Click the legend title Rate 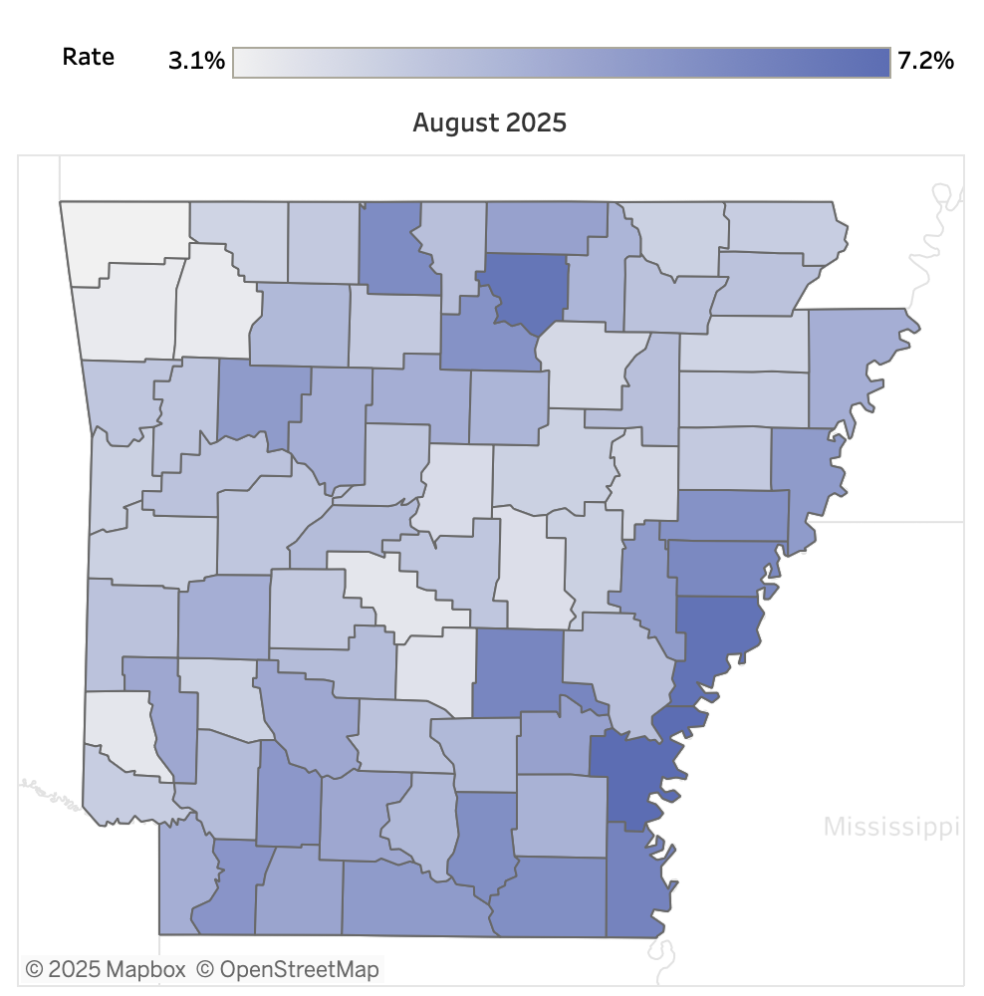(x=88, y=57)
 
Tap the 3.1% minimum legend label (x=196, y=61)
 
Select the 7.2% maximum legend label (x=925, y=61)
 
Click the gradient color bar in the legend (x=561, y=61)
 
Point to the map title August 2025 (x=489, y=123)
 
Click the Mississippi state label (x=890, y=826)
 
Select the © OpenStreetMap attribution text (x=287, y=968)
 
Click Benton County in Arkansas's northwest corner (x=124, y=234)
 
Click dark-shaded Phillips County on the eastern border (x=719, y=637)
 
